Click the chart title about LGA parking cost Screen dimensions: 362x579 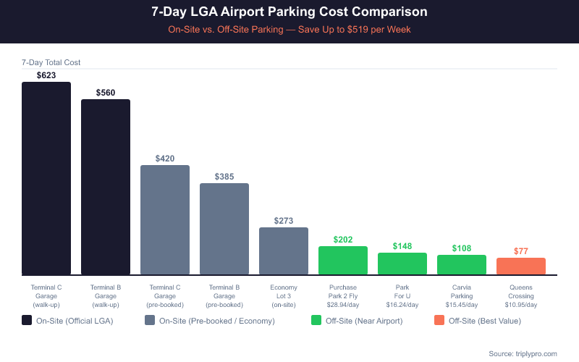click(x=289, y=12)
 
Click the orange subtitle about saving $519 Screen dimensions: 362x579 click(x=289, y=30)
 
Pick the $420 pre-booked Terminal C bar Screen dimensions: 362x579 click(x=165, y=220)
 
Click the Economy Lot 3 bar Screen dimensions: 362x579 click(x=284, y=251)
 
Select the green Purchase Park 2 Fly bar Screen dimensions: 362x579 click(x=343, y=261)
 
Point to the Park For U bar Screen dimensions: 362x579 click(x=402, y=264)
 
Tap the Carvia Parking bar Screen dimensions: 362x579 click(x=462, y=265)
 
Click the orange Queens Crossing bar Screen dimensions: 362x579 click(x=521, y=266)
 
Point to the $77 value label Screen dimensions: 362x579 click(x=521, y=251)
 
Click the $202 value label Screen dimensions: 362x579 click(x=343, y=240)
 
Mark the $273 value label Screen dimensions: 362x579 click(x=284, y=221)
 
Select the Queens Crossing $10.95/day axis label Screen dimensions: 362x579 click(x=521, y=295)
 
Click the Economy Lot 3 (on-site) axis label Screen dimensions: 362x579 click(x=284, y=295)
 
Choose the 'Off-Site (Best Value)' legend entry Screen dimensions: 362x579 click(x=478, y=320)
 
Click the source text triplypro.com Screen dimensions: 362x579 click(x=523, y=353)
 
